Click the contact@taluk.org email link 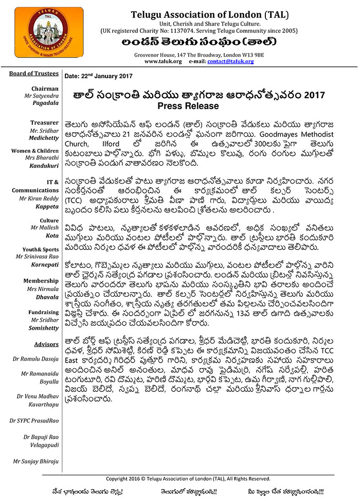tap(230, 61)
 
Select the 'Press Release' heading tap(188, 106)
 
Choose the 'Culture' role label tap(49, 221)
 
